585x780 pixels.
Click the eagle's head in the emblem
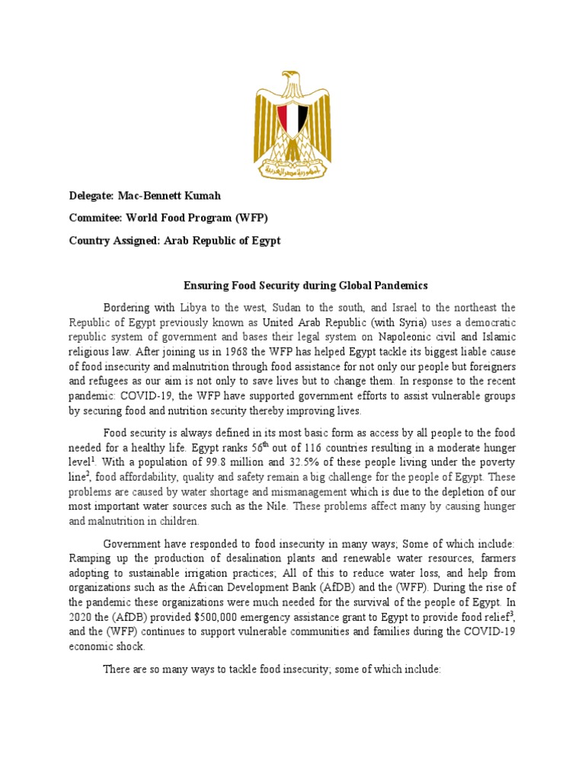pos(290,79)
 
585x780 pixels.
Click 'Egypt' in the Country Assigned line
pos(262,241)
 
